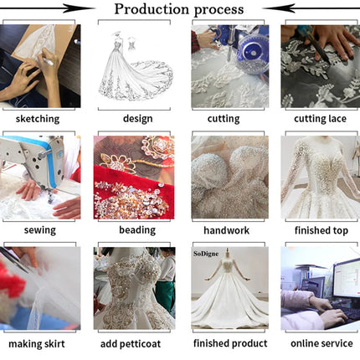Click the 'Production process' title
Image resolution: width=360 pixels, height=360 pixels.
tap(179, 9)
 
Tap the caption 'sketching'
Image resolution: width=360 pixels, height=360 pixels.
tap(38, 119)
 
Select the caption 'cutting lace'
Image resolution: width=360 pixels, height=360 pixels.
tap(320, 119)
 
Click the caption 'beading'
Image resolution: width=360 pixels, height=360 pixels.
tap(137, 230)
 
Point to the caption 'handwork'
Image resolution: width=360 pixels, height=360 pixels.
tap(227, 230)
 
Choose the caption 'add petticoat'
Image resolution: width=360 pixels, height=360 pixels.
tap(131, 344)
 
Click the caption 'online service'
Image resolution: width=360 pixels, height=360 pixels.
tap(321, 343)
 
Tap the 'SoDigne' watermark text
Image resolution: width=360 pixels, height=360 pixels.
tap(206, 254)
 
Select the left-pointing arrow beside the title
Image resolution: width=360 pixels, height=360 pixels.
tap(311, 8)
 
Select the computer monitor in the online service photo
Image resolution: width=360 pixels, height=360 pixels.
tap(347, 278)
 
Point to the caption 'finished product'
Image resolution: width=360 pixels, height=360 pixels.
tap(230, 343)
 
